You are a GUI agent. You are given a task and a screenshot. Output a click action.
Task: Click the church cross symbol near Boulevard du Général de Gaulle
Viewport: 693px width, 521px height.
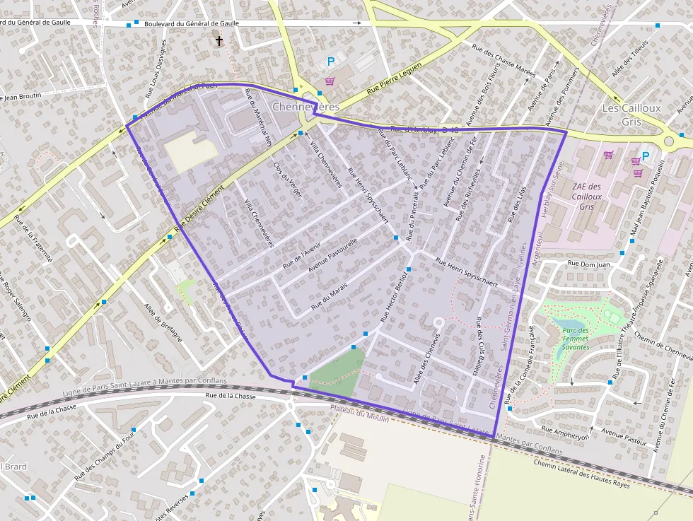click(219, 41)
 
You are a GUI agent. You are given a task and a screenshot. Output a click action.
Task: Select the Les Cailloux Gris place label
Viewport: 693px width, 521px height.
click(631, 114)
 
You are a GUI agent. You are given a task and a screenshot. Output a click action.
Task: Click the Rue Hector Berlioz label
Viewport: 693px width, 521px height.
click(395, 295)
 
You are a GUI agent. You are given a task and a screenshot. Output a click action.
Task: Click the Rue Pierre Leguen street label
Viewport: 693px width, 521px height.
click(394, 80)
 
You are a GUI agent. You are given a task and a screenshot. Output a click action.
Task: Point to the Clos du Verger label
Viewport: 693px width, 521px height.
click(287, 179)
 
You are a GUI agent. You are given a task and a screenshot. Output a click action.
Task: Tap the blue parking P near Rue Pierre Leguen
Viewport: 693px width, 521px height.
click(330, 62)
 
